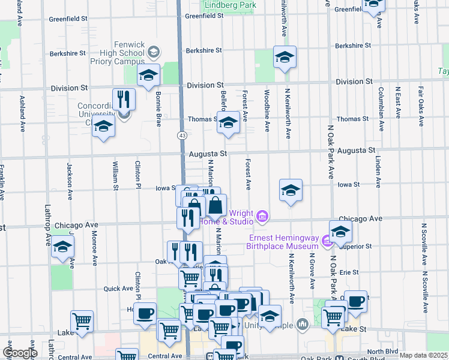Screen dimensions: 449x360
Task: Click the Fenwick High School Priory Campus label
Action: [x=117, y=53]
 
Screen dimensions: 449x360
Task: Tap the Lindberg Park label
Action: [x=231, y=5]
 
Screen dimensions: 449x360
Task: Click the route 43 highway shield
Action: [x=181, y=136]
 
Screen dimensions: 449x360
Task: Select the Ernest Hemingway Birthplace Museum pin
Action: [x=327, y=241]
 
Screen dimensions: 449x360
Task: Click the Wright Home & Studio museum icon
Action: [x=262, y=216]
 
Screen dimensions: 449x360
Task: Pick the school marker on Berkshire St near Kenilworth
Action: [x=285, y=57]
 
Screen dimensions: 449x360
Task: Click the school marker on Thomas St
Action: [x=228, y=122]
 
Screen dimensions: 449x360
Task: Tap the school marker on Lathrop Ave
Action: [x=62, y=247]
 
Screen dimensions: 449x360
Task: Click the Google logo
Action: [x=19, y=353]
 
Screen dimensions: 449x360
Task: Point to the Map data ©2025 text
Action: [x=424, y=355]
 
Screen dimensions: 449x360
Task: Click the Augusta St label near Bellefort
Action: [x=207, y=154]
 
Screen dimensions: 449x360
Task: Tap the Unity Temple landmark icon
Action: [x=303, y=324]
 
